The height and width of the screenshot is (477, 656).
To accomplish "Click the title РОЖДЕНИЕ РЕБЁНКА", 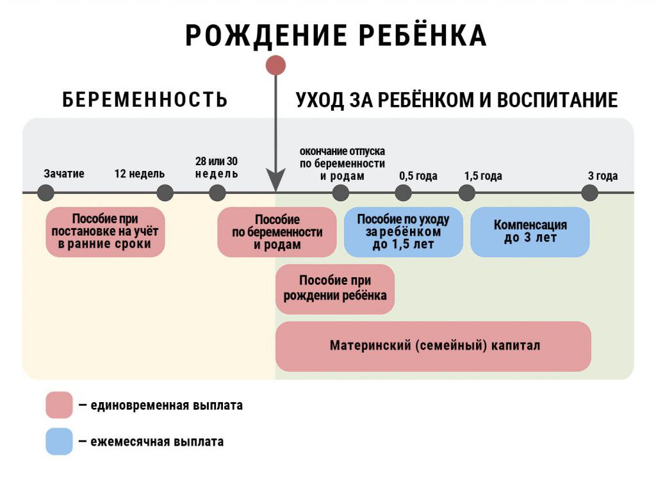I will [336, 36].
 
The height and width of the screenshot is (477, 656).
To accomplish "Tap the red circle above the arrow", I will [275, 65].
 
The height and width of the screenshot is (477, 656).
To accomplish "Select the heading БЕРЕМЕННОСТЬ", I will [145, 100].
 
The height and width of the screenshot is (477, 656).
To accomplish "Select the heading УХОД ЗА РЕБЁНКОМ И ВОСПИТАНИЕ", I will [456, 100].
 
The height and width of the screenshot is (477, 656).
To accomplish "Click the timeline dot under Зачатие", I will [45, 193].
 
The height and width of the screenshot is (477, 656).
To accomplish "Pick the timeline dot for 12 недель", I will [165, 193].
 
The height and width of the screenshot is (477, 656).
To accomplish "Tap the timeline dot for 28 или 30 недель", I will [217, 193].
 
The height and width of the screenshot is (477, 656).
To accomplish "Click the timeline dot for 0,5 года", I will [403, 193].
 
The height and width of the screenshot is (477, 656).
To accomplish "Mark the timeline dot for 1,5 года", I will [467, 193].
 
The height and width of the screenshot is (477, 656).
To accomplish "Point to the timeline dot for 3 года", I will [589, 193].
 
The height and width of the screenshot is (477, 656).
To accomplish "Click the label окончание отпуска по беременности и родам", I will [342, 163].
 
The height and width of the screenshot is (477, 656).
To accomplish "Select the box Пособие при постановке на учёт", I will [105, 232].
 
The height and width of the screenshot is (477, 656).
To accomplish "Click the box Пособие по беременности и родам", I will [277, 232].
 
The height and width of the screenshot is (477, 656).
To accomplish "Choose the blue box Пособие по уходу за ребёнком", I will [403, 232].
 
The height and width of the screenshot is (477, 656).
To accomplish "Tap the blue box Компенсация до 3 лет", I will [530, 232].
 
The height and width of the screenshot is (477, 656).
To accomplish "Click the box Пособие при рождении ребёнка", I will [334, 289].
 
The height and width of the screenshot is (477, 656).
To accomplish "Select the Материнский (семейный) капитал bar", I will [433, 346].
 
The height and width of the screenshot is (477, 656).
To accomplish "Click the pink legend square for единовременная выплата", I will [59, 405].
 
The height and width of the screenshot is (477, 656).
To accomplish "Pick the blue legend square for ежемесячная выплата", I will [59, 442].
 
